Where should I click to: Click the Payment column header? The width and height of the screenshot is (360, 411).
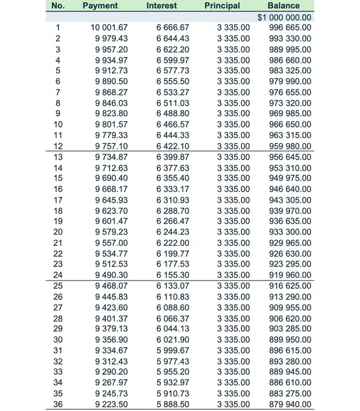tap(100, 6)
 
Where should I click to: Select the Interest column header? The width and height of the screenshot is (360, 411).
tap(162, 6)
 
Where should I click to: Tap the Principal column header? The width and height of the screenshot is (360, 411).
tap(222, 6)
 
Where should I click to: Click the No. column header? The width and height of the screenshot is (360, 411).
tap(58, 6)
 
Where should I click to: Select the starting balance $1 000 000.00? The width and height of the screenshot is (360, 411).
tap(284, 17)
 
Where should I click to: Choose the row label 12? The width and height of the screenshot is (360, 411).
tap(58, 146)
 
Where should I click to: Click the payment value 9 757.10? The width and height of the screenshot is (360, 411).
tap(111, 146)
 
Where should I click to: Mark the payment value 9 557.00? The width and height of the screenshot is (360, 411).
tap(111, 243)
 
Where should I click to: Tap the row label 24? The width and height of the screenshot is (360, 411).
tap(58, 275)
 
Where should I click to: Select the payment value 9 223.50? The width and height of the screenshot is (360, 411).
tap(111, 404)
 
